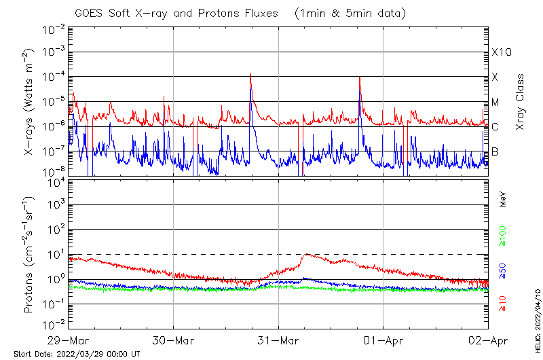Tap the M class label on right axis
[495, 103]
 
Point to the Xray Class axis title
[521, 102]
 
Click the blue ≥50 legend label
[502, 272]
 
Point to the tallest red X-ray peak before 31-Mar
[250, 73]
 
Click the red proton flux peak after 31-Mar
[307, 255]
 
